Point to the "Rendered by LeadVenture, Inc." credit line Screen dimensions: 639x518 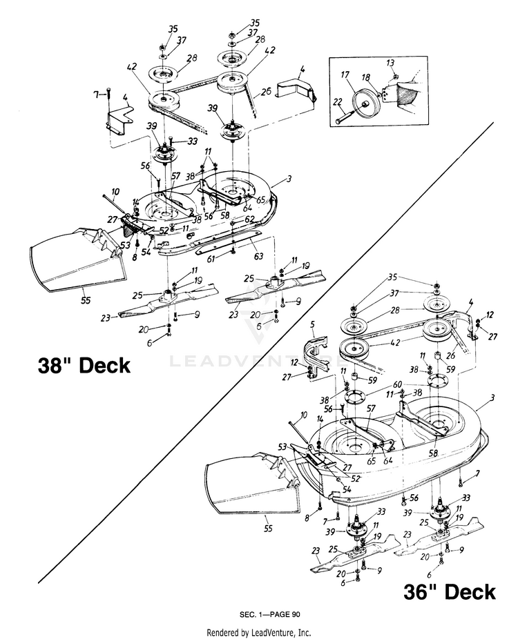[x=258, y=631]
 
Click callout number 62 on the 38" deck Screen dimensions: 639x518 [x=250, y=219]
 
